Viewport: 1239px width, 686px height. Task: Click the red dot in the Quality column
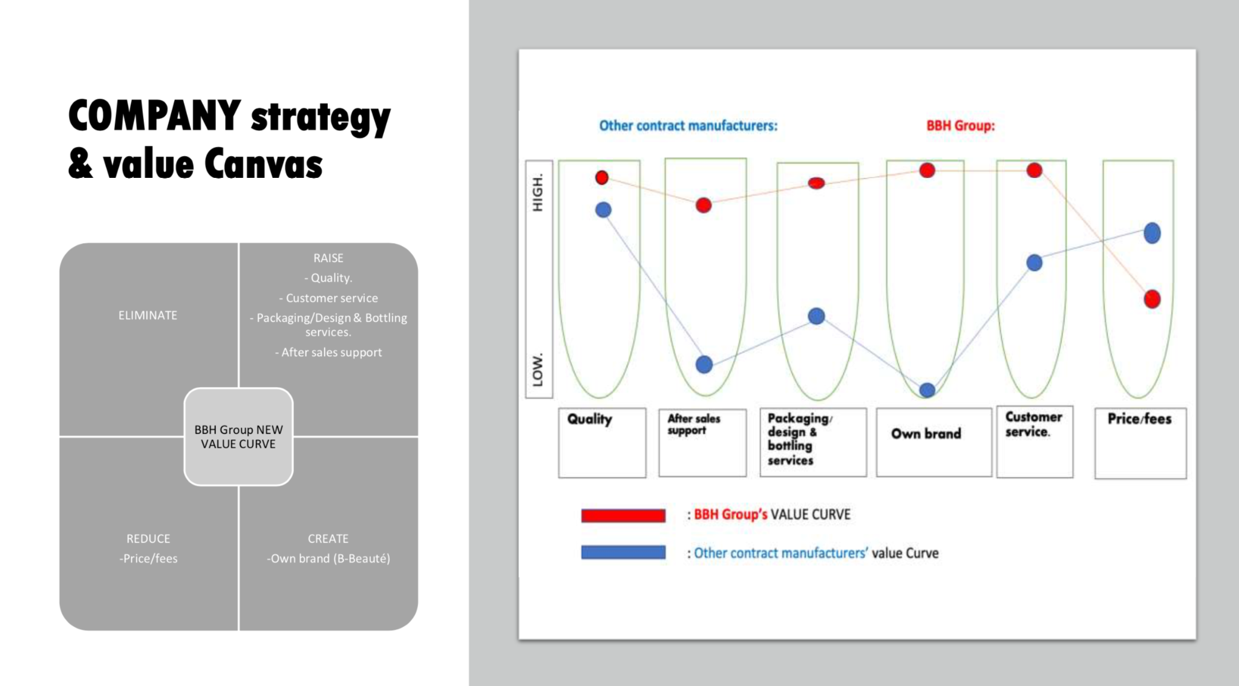[601, 177]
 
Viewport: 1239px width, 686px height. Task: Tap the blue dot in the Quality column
[603, 210]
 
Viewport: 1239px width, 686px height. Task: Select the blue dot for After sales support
[704, 364]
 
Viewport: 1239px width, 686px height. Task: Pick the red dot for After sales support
[704, 205]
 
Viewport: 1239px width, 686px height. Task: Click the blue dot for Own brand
[927, 390]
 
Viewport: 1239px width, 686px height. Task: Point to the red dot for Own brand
[927, 171]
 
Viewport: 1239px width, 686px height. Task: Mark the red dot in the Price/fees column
[1152, 299]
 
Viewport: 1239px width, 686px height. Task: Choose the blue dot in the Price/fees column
[1152, 233]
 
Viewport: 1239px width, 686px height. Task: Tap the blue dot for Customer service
[1035, 263]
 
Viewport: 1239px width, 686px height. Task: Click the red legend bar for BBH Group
[623, 515]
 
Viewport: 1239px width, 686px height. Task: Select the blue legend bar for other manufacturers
[623, 552]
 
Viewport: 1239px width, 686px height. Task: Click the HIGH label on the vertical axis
[538, 192]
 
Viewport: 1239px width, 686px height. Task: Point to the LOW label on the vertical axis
[538, 369]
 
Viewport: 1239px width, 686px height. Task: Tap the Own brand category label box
[933, 442]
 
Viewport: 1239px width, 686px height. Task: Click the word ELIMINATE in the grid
[148, 315]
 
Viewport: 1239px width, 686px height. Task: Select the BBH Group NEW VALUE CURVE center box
[238, 437]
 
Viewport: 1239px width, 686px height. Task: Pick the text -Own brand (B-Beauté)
[329, 558]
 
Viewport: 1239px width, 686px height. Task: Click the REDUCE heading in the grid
[148, 538]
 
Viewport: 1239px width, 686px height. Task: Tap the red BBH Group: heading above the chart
[961, 126]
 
